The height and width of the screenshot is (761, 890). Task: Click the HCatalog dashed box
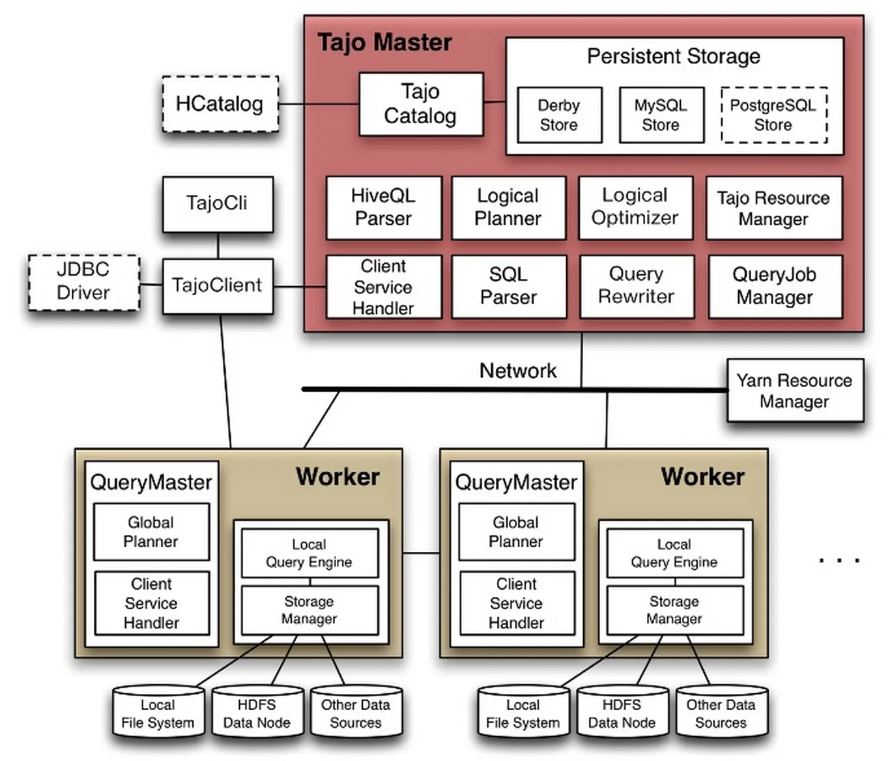click(x=220, y=104)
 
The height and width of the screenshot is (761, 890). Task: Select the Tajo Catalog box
click(x=421, y=104)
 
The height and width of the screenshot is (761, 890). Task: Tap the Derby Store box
click(x=559, y=115)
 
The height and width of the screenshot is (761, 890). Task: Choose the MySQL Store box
click(x=661, y=115)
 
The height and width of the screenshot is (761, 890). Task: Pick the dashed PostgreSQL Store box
click(x=773, y=115)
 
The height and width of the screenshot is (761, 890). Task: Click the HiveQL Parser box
click(x=383, y=207)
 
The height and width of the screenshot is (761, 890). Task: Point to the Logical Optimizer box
click(x=635, y=207)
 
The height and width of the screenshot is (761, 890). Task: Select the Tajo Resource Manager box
click(x=773, y=208)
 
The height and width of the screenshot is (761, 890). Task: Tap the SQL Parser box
click(x=508, y=286)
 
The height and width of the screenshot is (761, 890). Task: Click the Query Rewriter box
click(x=636, y=286)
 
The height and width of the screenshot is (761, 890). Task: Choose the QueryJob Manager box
click(x=774, y=286)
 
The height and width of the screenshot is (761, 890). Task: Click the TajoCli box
click(x=217, y=203)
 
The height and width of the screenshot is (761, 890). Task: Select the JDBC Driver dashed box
click(x=83, y=281)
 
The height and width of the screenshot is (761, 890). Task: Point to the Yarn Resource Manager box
click(x=794, y=390)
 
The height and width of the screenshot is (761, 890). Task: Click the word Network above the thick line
click(x=518, y=371)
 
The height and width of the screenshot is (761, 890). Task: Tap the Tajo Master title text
click(x=384, y=43)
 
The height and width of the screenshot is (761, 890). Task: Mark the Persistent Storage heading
click(x=673, y=57)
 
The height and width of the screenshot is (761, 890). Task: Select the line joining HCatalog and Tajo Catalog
click(x=319, y=104)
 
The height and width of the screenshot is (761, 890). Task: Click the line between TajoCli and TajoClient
click(x=218, y=246)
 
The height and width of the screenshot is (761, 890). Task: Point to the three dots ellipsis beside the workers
click(x=840, y=560)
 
